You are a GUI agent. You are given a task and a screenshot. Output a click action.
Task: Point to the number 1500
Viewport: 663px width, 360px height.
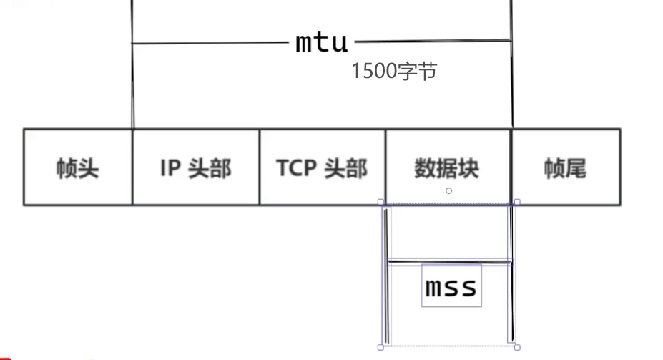coord(372,71)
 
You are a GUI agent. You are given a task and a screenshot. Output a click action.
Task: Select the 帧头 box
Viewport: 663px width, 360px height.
coord(77,167)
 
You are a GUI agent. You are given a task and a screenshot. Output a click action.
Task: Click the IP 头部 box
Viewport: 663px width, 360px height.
coord(195,167)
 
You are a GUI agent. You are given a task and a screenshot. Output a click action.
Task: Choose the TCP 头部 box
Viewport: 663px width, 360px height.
coord(322,167)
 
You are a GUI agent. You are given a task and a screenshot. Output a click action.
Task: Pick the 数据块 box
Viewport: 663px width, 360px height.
coord(448,167)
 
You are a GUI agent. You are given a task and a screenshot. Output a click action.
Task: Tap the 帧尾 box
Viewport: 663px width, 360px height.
coord(565,167)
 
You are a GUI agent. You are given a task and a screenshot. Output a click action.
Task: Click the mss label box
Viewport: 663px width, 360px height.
coord(451,286)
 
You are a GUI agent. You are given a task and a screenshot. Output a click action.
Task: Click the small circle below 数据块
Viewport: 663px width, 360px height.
coord(448,190)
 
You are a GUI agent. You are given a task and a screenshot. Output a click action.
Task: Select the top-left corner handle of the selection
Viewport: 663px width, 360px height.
coord(381,203)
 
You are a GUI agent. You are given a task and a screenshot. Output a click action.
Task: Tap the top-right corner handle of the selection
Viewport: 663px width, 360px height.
coord(517,203)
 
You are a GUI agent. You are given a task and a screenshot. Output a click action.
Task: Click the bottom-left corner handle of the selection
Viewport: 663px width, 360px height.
coord(381,347)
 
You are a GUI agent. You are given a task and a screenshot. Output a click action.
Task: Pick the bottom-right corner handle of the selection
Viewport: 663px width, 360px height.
coord(517,347)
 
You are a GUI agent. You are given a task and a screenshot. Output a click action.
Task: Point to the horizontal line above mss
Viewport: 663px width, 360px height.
coord(449,262)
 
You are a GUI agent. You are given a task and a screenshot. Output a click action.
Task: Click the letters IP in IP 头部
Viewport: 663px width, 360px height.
coord(168,168)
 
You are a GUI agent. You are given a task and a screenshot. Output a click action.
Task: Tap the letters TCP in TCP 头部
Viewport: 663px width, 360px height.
coord(296,168)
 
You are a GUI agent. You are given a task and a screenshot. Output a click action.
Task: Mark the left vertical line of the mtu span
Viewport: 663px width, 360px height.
coord(132,79)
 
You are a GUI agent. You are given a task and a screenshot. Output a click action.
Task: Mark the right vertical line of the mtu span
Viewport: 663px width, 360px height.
coord(512,79)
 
